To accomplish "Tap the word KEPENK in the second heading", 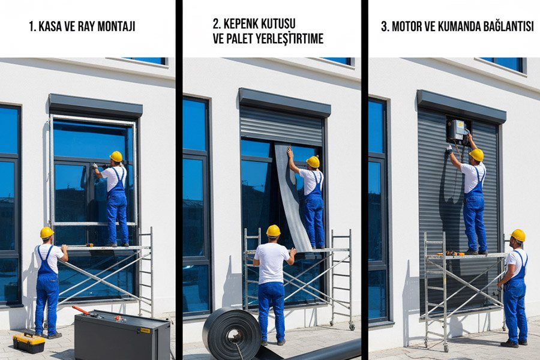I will (x=244, y=23).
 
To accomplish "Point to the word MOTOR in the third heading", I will (x=407, y=26).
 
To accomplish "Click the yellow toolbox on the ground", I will (x=29, y=343).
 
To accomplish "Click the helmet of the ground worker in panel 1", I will (x=47, y=232).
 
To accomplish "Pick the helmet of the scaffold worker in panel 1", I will (x=116, y=156).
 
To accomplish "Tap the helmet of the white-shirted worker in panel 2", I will (x=273, y=230).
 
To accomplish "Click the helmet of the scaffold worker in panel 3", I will (x=476, y=155).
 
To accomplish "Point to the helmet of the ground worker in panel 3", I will (x=518, y=235).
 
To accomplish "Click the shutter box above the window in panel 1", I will (x=95, y=105).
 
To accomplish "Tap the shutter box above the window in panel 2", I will (x=284, y=101).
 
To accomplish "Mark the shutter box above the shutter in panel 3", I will (x=461, y=106).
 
